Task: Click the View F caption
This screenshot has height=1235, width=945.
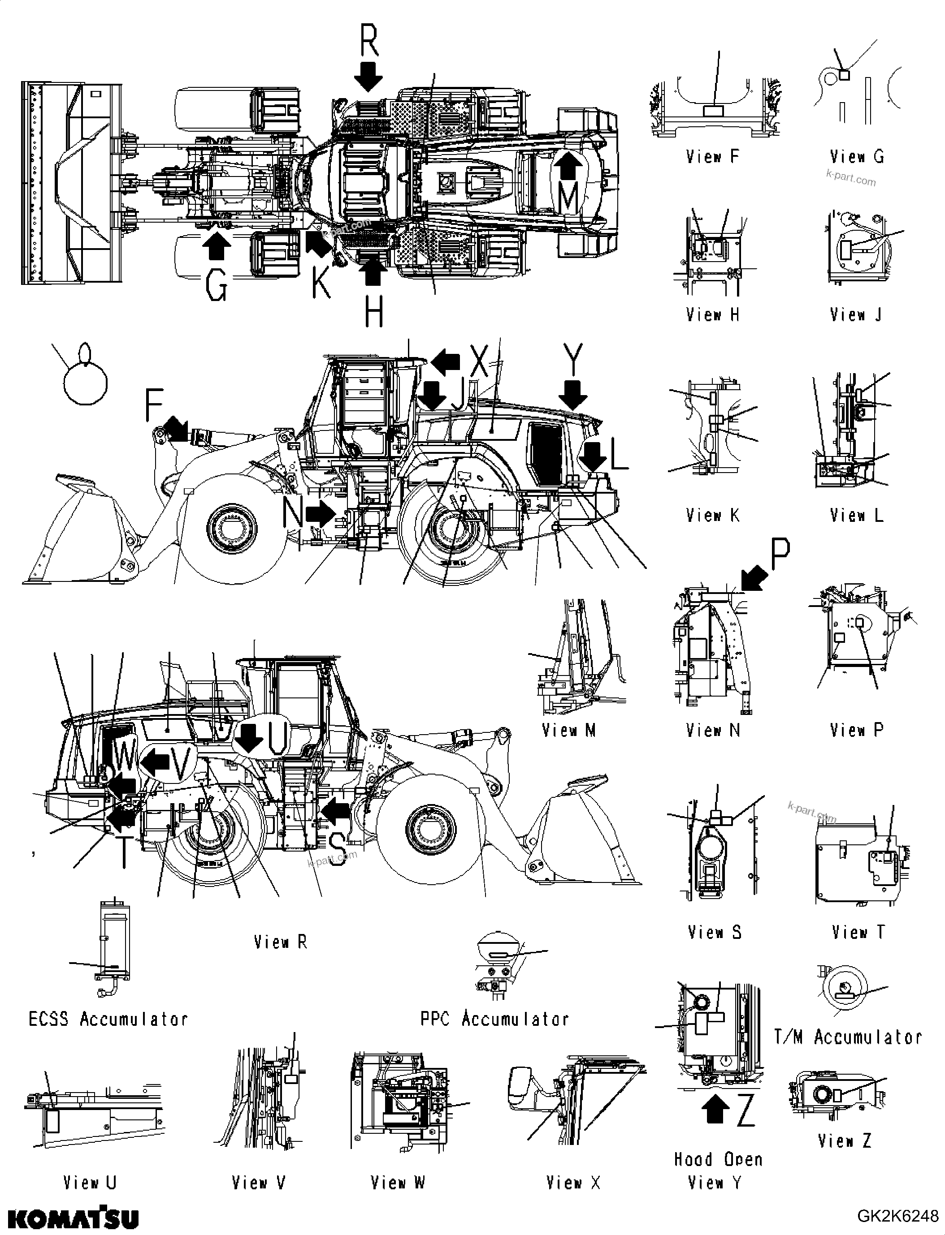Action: point(712,156)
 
